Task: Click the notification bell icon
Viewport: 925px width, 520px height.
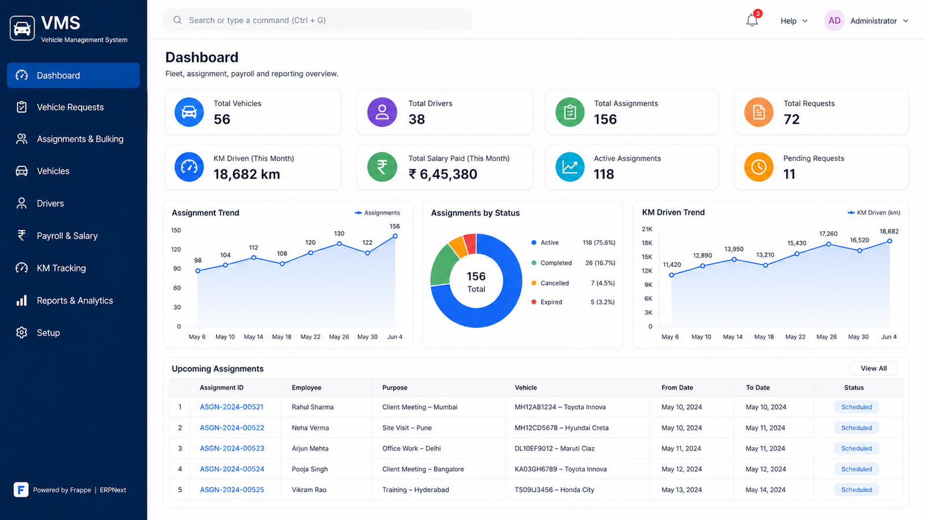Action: tap(752, 20)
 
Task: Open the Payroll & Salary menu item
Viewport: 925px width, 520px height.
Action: tap(67, 236)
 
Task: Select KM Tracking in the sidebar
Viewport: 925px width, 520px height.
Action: tap(61, 268)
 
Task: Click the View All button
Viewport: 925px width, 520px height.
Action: tap(874, 368)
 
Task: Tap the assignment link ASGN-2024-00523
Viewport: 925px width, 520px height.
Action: tap(232, 448)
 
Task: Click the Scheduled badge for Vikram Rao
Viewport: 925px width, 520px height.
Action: tap(856, 489)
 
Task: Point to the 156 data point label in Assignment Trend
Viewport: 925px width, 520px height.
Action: tap(395, 226)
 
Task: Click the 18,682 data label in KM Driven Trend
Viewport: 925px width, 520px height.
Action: tap(889, 232)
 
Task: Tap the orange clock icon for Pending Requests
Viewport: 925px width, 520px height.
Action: tap(758, 167)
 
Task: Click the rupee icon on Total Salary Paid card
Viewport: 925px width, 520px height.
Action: tap(382, 167)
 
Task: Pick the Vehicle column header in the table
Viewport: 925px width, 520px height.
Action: tap(526, 388)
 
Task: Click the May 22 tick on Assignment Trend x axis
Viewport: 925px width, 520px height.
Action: tap(310, 337)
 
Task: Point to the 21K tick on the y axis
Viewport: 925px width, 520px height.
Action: tap(647, 229)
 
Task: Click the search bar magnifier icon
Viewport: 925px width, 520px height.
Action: tap(177, 20)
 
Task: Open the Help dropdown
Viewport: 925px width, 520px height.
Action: tap(793, 21)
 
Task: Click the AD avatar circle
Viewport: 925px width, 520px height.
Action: tap(834, 21)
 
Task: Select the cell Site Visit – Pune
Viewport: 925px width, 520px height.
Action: tap(407, 428)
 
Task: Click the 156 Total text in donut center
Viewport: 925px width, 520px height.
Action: tap(476, 281)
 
